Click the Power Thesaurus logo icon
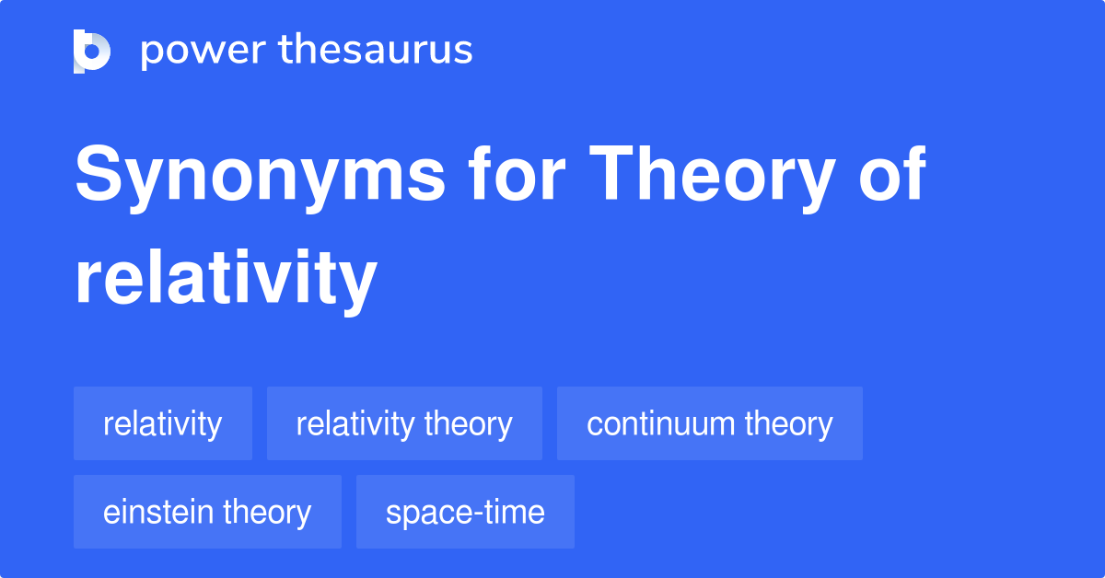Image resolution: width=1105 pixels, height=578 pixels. (92, 51)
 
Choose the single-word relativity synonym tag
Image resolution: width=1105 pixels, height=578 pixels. (162, 424)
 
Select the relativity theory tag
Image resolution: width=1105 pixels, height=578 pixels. (404, 424)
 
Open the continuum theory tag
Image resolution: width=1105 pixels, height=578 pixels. (709, 424)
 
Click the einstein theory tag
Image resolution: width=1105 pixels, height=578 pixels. (207, 512)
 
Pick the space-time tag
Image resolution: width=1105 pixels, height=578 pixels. (465, 512)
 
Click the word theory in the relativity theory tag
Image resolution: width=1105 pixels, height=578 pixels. (469, 424)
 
